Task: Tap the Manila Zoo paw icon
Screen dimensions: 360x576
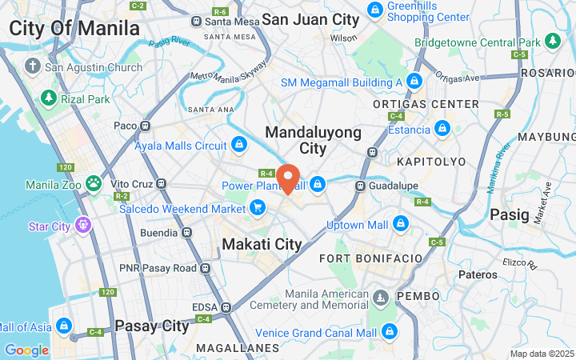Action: [94, 183]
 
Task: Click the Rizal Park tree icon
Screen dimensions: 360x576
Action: [49, 98]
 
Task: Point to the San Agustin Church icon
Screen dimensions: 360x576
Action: [32, 66]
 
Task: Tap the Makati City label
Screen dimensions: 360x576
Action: [262, 244]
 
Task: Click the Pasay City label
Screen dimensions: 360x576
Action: [152, 326]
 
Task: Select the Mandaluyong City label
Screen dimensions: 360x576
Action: [313, 140]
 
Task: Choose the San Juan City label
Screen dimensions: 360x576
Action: [310, 19]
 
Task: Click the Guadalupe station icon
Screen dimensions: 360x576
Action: [361, 186]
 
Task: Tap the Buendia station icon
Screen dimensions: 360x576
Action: [186, 233]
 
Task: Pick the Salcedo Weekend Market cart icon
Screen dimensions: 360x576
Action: [257, 209]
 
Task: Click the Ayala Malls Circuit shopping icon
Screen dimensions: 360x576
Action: [238, 146]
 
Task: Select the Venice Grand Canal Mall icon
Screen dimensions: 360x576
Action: [389, 332]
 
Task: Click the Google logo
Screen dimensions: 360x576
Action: [26, 350]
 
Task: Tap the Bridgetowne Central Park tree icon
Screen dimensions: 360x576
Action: [552, 41]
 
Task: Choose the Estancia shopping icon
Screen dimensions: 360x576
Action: [442, 128]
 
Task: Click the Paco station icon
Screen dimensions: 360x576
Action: [145, 126]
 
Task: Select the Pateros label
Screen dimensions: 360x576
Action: [478, 274]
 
